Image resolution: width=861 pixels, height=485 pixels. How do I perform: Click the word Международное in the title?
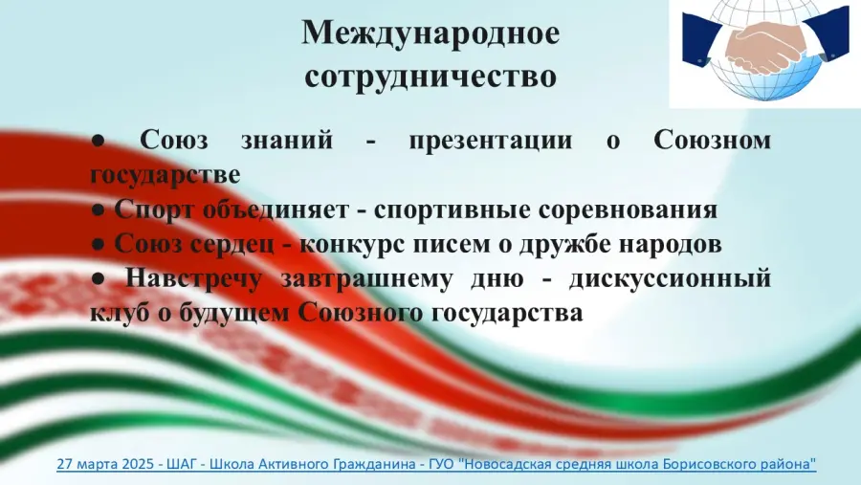coord(430,34)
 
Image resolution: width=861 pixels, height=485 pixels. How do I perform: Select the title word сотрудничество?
coord(430,76)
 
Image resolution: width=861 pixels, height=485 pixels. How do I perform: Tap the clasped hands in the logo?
coord(765,46)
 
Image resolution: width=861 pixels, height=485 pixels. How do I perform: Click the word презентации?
coord(491,141)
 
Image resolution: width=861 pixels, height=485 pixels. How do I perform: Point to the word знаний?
coord(287,140)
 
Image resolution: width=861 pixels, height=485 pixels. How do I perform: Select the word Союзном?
coord(712,140)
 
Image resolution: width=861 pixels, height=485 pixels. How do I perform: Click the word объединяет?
coord(276,209)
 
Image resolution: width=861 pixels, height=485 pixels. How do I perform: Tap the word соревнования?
coord(628,209)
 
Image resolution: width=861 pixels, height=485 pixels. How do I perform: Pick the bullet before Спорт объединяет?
coord(99,210)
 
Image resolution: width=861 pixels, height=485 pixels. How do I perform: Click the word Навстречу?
coord(193,279)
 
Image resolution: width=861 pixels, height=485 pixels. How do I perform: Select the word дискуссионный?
coord(670,279)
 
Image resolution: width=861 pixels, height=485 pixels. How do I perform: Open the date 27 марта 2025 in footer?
coord(105,464)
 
